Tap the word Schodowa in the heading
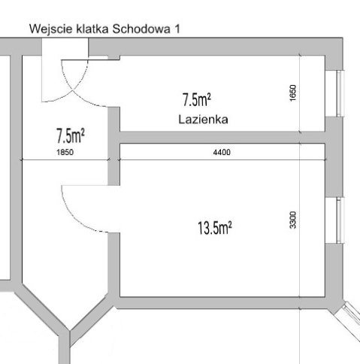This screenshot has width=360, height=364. coord(141,29)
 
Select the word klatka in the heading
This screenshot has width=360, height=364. coord(92,29)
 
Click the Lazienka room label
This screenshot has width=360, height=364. coord(203,120)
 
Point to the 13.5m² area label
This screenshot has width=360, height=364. coord(215,228)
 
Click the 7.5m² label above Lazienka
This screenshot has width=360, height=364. coord(197,99)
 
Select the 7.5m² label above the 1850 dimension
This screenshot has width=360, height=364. coord(71,135)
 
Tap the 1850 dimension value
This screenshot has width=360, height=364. coord(65,152)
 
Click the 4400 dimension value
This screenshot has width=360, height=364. coord(222,152)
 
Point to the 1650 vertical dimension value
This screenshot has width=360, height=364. coord(292,93)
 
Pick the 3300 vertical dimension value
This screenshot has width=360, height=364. coord(292,220)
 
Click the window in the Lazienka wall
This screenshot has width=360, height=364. coord(340,93)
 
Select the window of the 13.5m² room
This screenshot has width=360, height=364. coord(340,220)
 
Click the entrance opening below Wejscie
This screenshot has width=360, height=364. coord(65,47)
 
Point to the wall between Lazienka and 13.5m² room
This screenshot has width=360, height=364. coord(222,138)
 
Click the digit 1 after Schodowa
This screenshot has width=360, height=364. coord(177,29)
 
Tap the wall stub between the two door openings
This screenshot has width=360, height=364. coord(113,146)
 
